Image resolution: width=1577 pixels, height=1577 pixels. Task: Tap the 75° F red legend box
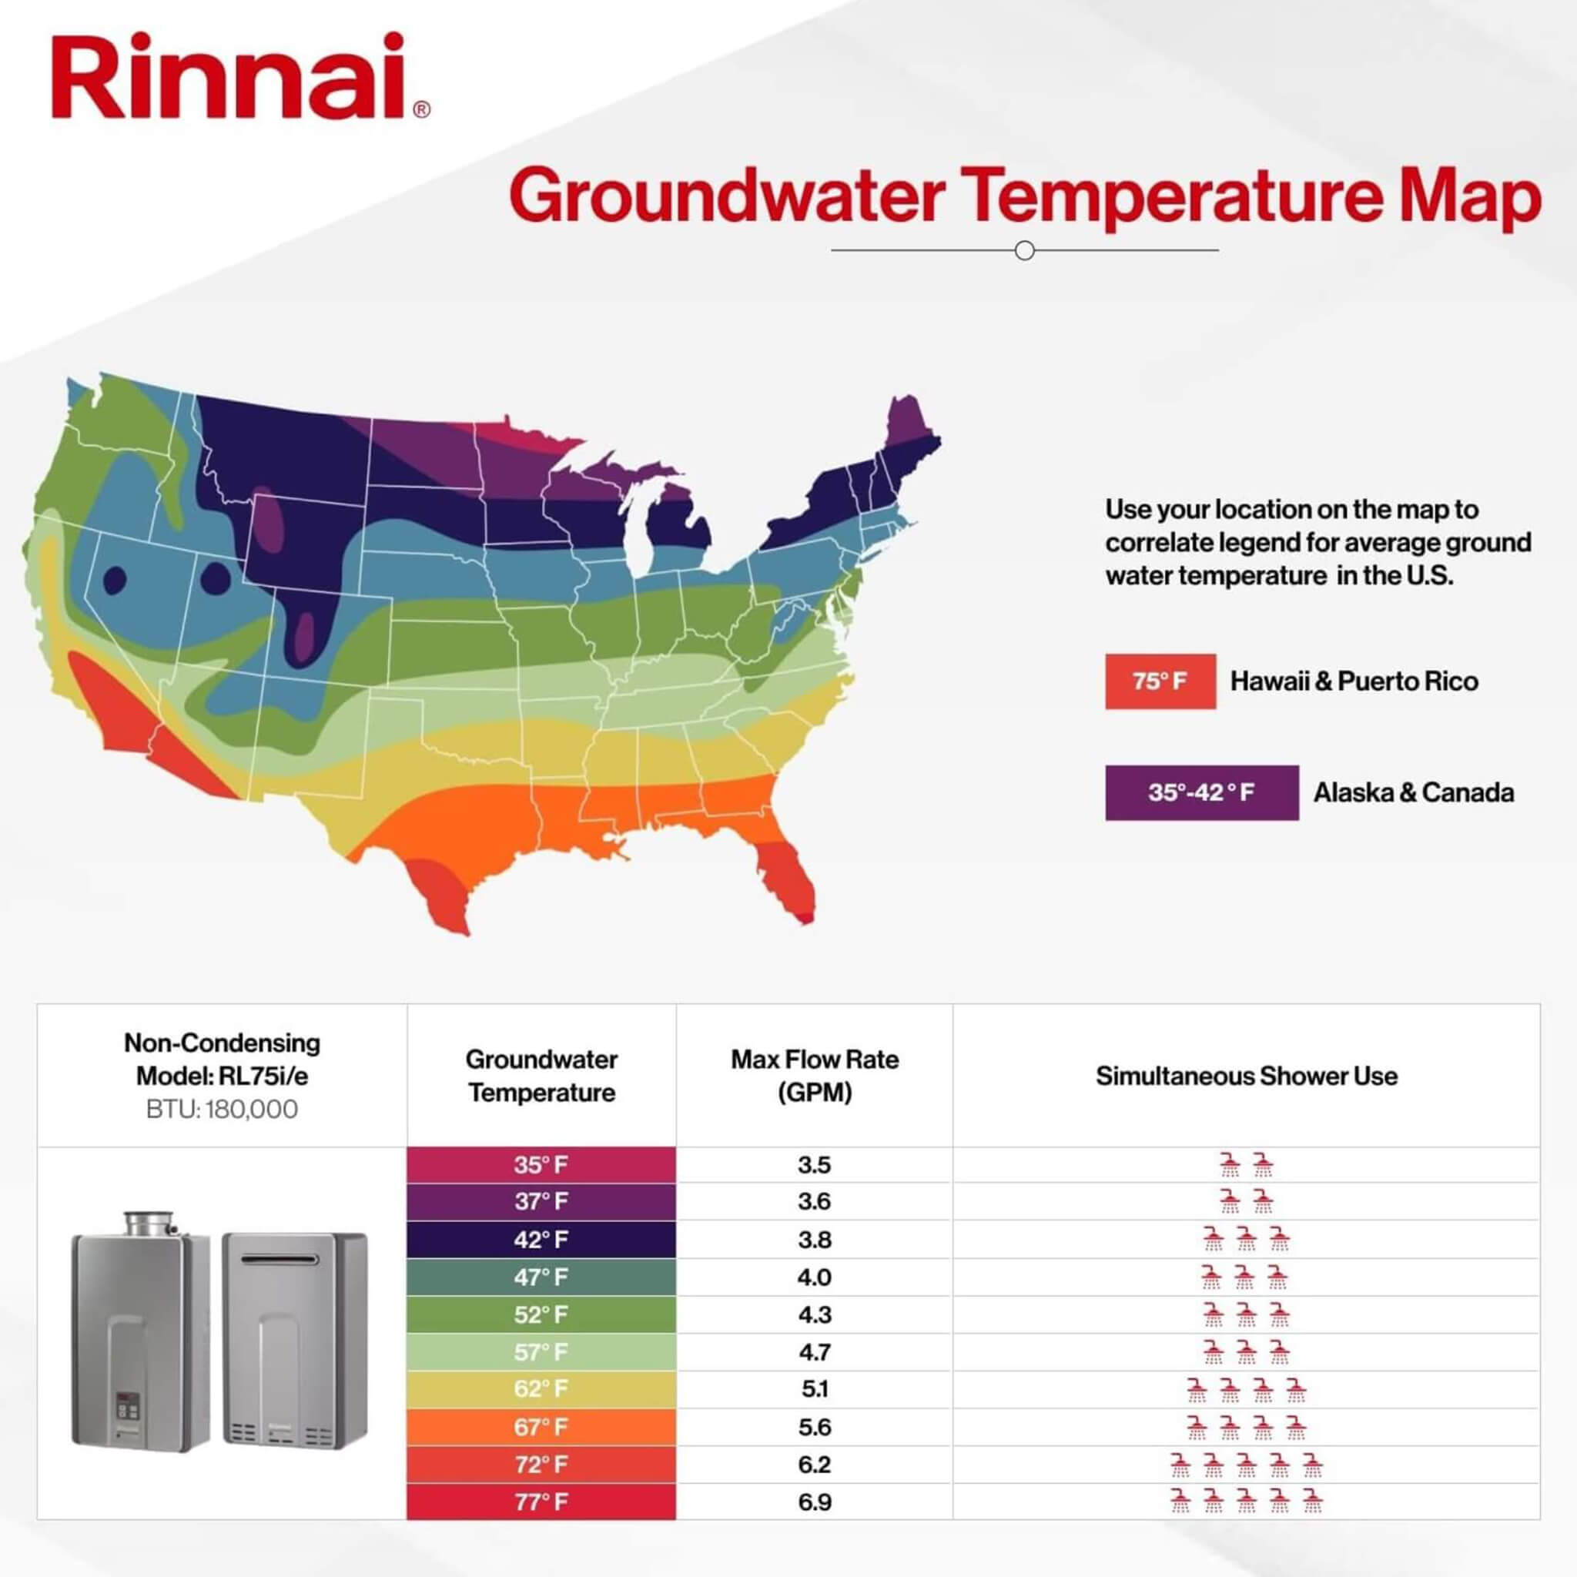click(1160, 681)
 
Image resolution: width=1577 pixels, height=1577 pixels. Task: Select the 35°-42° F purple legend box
click(1201, 792)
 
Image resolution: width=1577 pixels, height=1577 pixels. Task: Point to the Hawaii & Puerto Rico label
click(1354, 681)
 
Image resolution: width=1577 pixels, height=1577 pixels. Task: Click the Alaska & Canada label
click(1413, 792)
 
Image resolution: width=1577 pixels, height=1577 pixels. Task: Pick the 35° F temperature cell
click(541, 1165)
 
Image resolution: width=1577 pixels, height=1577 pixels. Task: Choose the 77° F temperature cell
click(541, 1502)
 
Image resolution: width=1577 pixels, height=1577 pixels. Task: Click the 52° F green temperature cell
click(541, 1315)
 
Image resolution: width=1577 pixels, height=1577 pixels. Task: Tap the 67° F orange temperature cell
click(541, 1427)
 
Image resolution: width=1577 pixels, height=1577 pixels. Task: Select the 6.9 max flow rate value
click(815, 1502)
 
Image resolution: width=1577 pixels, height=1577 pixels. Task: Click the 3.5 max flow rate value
click(815, 1165)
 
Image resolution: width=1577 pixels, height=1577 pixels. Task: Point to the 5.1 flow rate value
click(815, 1389)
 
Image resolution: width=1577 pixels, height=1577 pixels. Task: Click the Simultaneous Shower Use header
click(1247, 1076)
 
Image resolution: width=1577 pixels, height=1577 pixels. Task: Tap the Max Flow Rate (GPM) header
click(815, 1076)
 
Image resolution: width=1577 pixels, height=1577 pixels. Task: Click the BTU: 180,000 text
click(222, 1110)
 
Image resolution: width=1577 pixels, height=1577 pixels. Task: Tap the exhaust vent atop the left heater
click(149, 1222)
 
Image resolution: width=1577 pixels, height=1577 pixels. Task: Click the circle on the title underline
click(1024, 250)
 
